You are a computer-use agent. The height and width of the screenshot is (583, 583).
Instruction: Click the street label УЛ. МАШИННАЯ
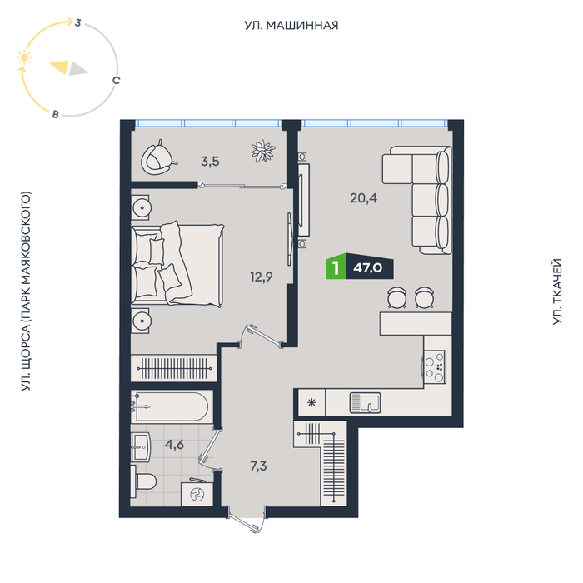(x=291, y=25)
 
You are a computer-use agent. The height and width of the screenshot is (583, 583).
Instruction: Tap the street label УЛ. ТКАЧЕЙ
(x=556, y=291)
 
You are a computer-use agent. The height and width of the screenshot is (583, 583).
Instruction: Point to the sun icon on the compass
(x=24, y=57)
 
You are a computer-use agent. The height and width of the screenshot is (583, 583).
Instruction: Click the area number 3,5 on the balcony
(x=210, y=162)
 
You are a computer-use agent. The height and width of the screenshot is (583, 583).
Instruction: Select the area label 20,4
(x=363, y=198)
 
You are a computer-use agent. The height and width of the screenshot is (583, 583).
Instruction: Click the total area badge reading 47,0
(x=369, y=267)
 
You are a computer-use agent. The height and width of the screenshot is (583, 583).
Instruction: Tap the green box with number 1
(x=336, y=267)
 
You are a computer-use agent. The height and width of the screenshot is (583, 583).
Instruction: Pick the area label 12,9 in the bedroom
(x=262, y=277)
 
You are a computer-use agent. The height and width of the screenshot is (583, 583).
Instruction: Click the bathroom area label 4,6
(x=174, y=444)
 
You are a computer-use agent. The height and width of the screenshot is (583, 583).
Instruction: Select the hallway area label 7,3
(x=258, y=466)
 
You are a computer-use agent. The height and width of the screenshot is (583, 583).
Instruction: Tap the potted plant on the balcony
(x=263, y=151)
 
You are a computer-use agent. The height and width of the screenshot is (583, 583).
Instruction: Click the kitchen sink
(x=365, y=403)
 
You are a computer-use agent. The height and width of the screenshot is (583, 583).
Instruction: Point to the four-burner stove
(x=435, y=367)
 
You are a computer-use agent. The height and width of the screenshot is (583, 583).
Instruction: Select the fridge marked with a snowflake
(x=311, y=402)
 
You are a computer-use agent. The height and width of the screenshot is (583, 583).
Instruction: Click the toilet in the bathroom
(x=143, y=481)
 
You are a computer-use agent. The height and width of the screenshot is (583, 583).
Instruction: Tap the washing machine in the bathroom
(x=197, y=494)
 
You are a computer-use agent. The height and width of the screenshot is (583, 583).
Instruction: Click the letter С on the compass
(x=116, y=80)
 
